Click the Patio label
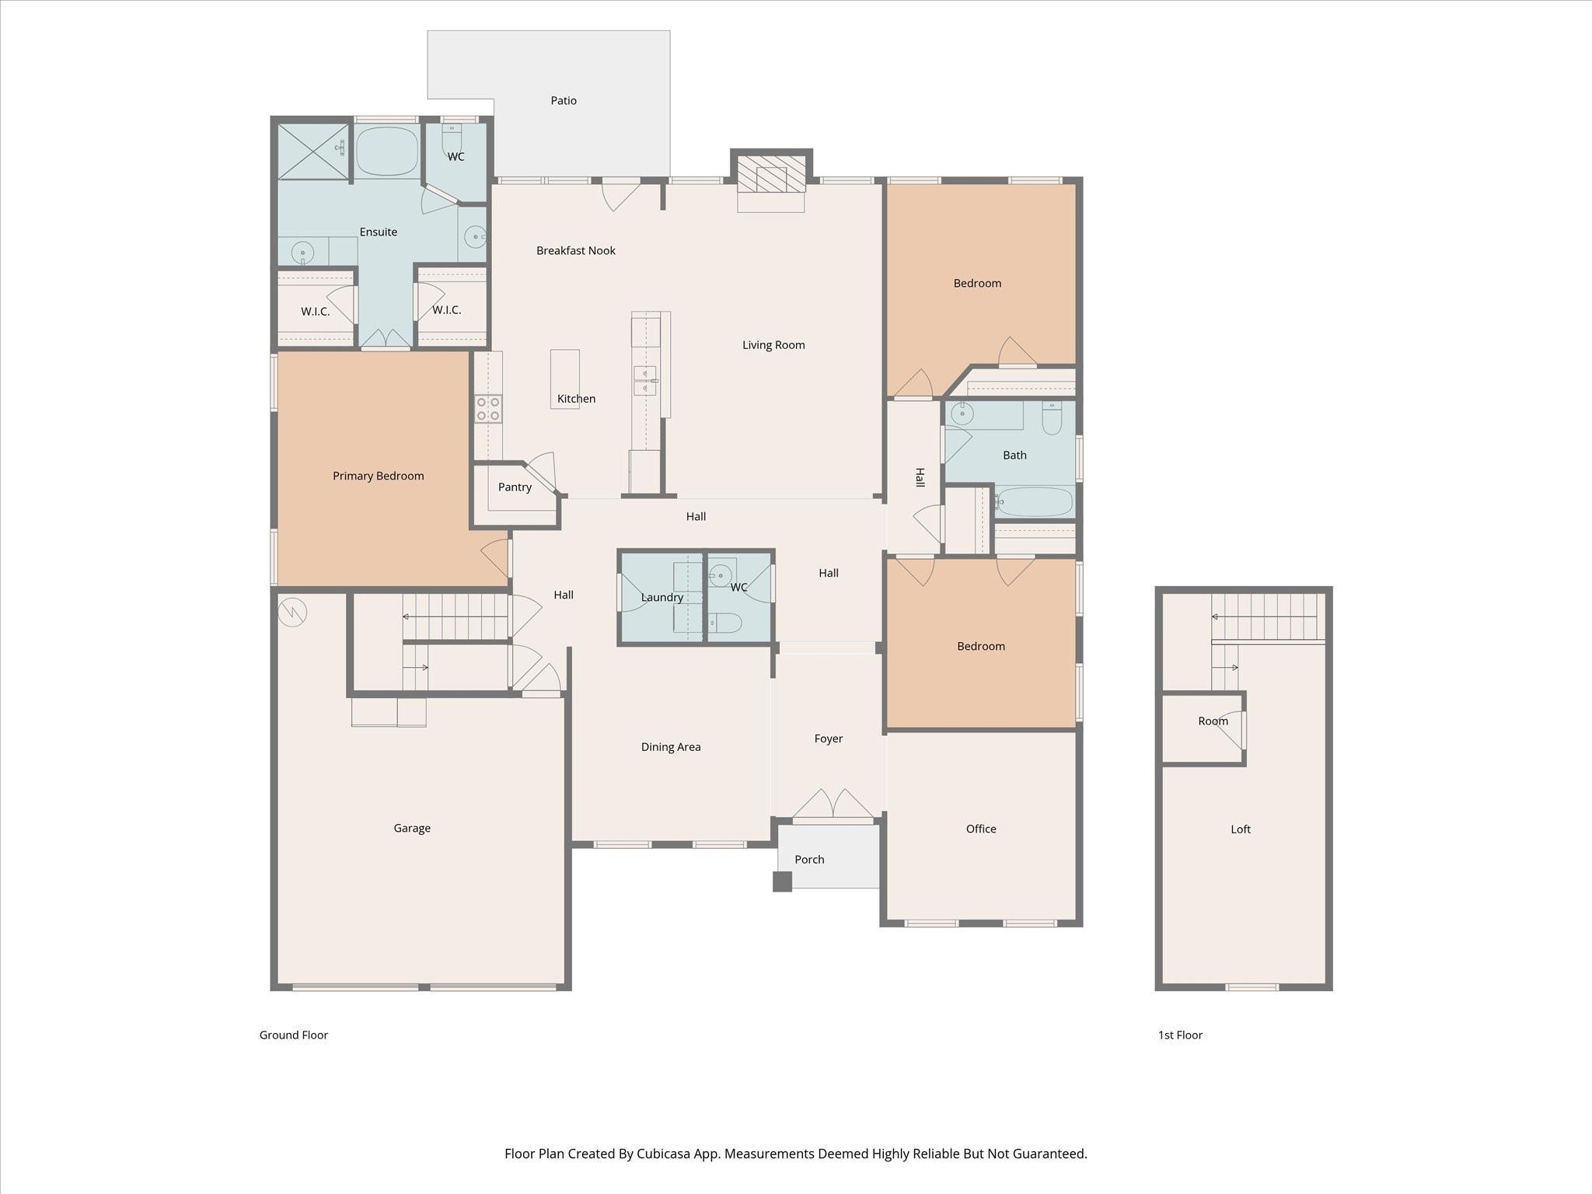tap(564, 100)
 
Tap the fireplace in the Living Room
tap(771, 174)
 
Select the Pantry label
tap(515, 487)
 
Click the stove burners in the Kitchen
tap(488, 409)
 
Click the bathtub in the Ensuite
tap(387, 150)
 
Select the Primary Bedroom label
tap(378, 476)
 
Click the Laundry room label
tap(662, 597)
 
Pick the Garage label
tap(411, 828)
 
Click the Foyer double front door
tap(833, 805)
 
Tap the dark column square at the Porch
tap(782, 882)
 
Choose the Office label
tap(980, 829)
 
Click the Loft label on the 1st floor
tap(1240, 829)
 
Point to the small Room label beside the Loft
tap(1213, 721)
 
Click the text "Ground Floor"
tap(294, 1035)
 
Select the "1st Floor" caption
tap(1180, 1035)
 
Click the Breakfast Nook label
tap(575, 250)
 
